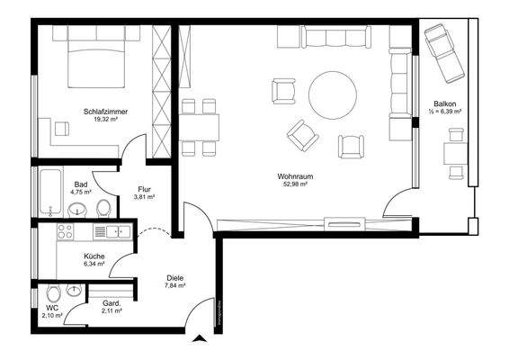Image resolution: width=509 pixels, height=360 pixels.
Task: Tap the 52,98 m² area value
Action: click(293, 184)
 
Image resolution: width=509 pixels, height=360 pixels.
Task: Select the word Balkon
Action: click(444, 104)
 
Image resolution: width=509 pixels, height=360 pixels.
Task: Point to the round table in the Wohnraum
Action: click(334, 94)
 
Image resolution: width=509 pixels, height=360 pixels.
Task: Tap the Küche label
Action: click(94, 256)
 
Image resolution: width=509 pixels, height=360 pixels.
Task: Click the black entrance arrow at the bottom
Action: click(200, 339)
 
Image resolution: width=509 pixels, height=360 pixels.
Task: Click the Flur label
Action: click(143, 189)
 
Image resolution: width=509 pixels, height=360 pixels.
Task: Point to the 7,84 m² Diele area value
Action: click(174, 287)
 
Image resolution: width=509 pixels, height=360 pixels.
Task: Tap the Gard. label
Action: click(112, 305)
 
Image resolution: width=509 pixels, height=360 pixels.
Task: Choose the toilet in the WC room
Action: click(51, 293)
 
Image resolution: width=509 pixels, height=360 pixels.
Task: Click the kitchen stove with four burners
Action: click(66, 232)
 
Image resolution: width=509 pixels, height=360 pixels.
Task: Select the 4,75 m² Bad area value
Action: click(81, 192)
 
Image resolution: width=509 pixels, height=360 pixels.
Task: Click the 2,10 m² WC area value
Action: click(52, 317)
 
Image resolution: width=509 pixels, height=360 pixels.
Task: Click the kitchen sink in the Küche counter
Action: click(113, 232)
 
